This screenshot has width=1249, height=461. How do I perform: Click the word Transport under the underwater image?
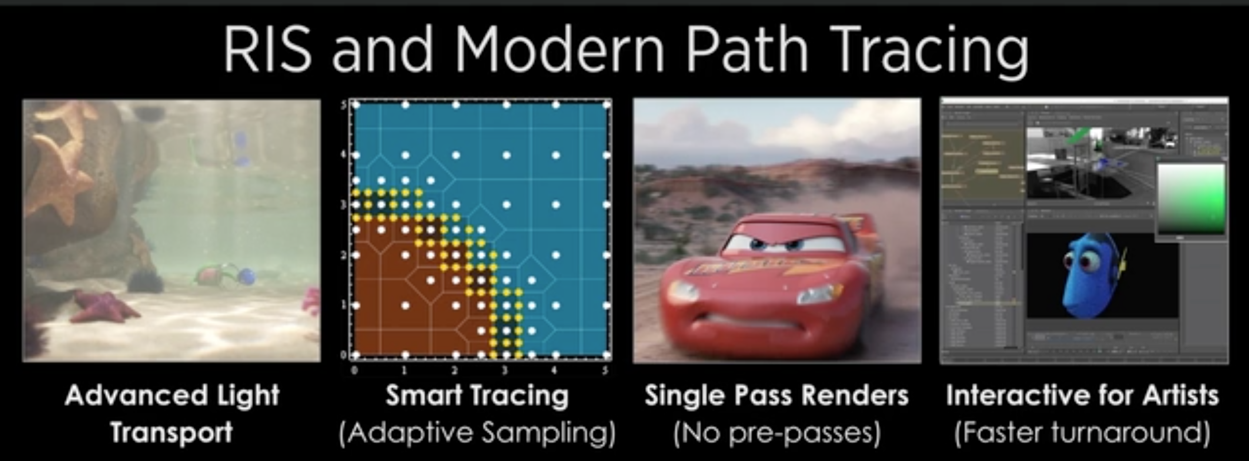(172, 432)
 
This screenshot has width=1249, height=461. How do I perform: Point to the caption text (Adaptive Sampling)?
(477, 432)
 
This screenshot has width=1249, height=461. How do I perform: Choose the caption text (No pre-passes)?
(777, 432)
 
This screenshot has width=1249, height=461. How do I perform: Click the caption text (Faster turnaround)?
(1082, 432)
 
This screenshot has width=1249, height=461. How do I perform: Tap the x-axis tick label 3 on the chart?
(505, 371)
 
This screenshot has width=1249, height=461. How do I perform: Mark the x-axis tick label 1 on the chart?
(404, 371)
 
